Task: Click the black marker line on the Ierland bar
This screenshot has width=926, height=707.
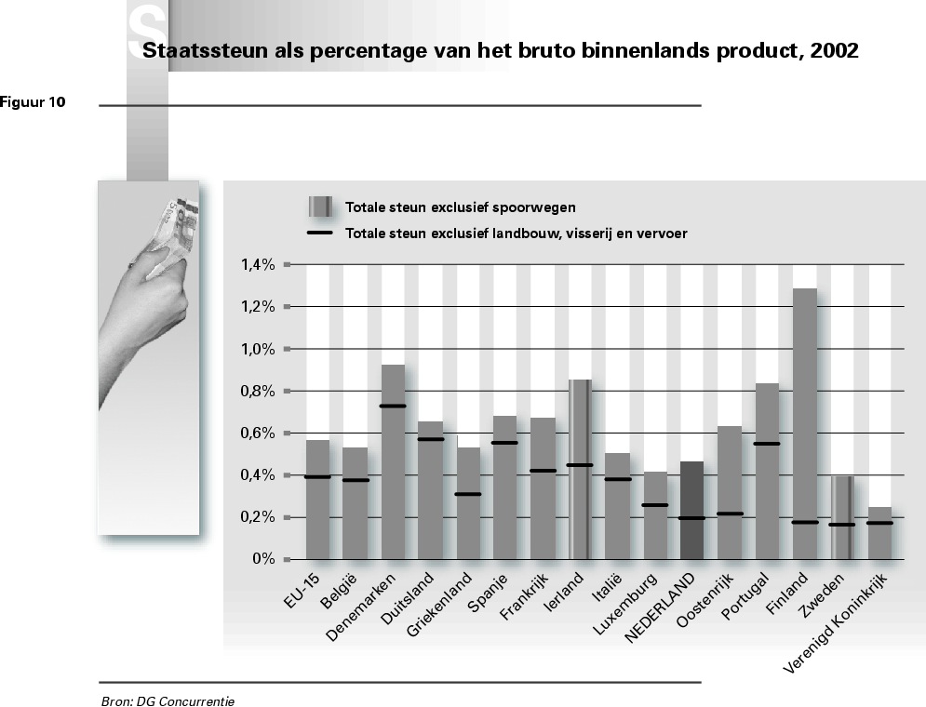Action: tap(580, 464)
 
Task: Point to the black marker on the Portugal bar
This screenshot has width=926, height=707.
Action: tap(767, 444)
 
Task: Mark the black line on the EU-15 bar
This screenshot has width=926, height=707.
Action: tap(317, 476)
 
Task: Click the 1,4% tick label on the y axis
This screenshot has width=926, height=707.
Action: tap(257, 264)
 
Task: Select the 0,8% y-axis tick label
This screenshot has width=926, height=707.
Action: tap(257, 391)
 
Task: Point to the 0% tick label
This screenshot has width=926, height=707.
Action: tap(264, 559)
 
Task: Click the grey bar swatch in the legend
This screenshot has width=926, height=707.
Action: tap(321, 207)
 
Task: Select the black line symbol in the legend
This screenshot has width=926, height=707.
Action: tap(320, 233)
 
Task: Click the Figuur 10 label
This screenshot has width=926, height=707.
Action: tap(34, 102)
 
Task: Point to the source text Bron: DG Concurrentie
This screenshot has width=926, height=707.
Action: tap(168, 700)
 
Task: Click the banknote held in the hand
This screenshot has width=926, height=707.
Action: tap(174, 223)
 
